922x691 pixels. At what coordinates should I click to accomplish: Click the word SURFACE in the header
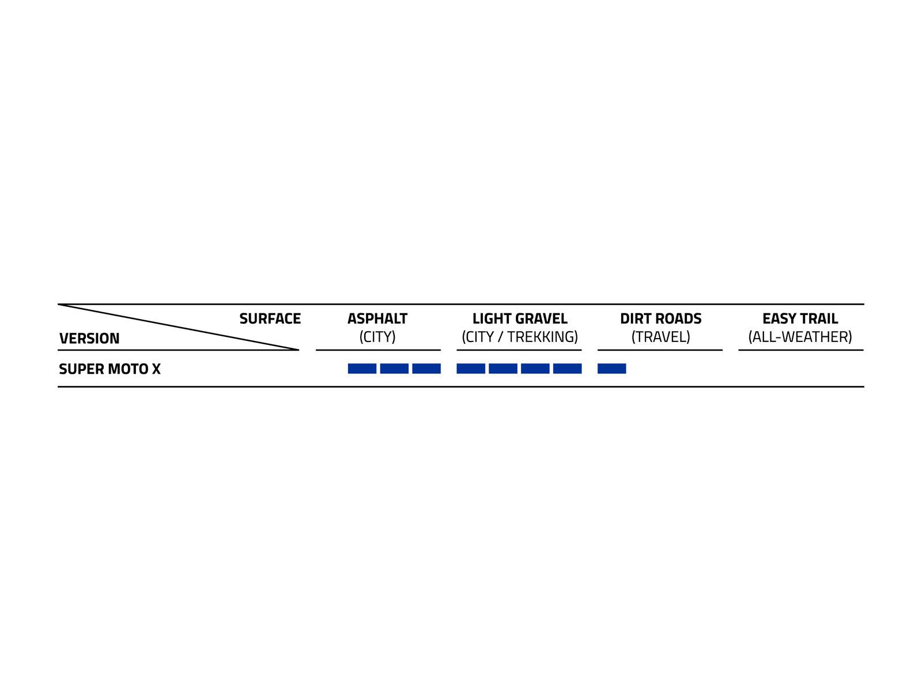(x=270, y=318)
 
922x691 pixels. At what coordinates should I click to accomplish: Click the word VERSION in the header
(x=89, y=338)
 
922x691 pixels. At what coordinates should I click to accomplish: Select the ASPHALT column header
(x=377, y=318)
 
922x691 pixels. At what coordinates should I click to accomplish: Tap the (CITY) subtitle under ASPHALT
(x=377, y=337)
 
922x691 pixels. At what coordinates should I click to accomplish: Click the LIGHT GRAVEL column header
(x=520, y=318)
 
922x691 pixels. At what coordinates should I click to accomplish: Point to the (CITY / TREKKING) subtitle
(x=520, y=337)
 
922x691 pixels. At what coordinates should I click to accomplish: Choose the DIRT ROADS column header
(x=660, y=318)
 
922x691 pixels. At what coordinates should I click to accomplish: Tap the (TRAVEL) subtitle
(x=660, y=337)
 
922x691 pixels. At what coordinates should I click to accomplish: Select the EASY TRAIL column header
(x=800, y=318)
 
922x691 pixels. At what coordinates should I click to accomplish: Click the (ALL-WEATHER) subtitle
(x=800, y=337)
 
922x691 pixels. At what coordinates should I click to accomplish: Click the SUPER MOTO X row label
(x=109, y=369)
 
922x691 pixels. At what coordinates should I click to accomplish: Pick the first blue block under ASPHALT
(x=362, y=369)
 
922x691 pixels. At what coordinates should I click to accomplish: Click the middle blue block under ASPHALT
(x=394, y=369)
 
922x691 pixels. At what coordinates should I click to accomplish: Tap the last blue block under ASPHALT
(x=426, y=369)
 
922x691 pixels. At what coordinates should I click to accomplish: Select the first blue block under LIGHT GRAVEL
(x=471, y=369)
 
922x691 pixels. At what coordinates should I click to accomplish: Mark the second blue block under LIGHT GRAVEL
(x=503, y=369)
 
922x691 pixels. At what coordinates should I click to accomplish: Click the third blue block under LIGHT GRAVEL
(x=535, y=369)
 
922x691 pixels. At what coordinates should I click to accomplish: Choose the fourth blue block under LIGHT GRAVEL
(x=567, y=369)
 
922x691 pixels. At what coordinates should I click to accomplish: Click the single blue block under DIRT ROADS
(x=611, y=369)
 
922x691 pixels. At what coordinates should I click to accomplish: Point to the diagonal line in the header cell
(x=179, y=327)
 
